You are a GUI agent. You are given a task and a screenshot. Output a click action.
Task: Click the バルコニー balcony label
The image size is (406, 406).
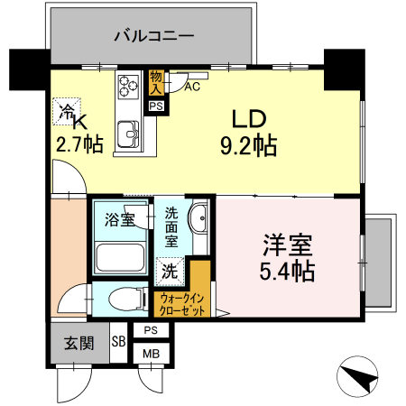(153, 37)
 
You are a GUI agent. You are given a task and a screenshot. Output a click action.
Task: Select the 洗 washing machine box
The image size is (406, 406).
(170, 269)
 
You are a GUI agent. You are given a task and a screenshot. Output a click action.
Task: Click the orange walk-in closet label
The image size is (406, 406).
(182, 303)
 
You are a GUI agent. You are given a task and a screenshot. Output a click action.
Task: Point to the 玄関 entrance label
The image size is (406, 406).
(78, 342)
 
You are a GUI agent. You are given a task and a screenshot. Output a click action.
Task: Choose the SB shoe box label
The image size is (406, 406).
(118, 342)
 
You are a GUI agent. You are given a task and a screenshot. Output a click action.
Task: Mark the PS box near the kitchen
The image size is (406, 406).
(156, 106)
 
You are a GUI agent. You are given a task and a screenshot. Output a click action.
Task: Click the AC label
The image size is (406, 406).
(191, 87)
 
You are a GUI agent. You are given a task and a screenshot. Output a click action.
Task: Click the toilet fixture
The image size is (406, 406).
(122, 299)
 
